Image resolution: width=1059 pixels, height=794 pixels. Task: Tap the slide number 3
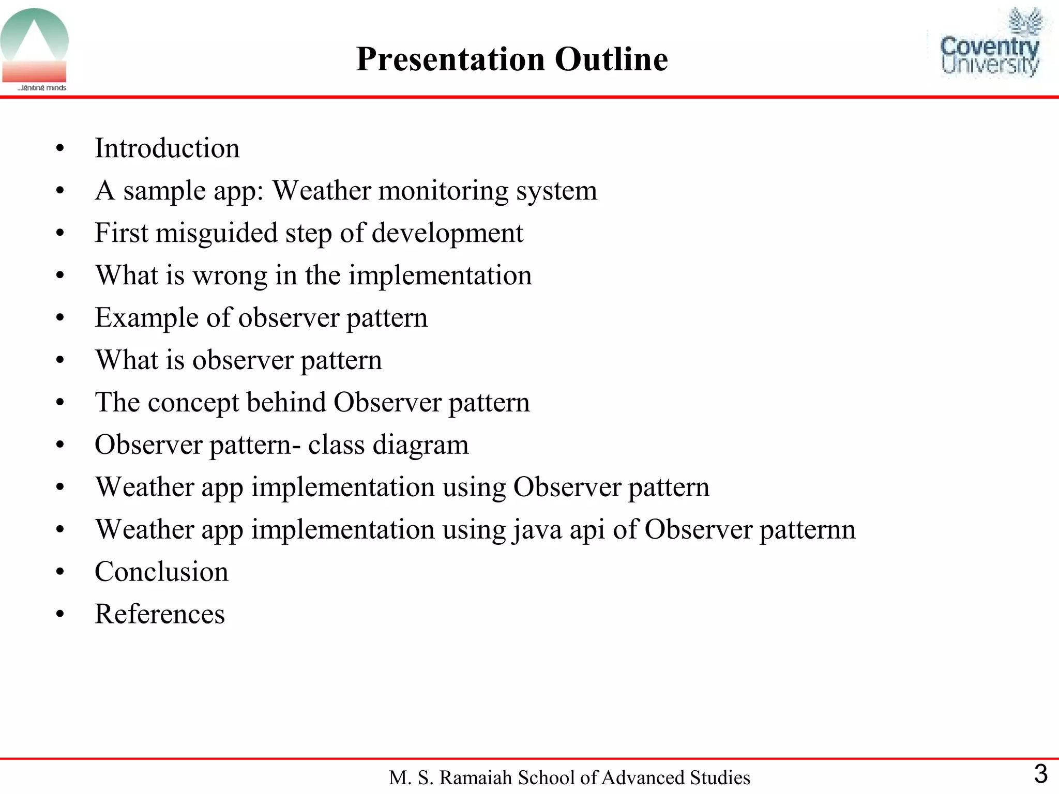tap(1040, 774)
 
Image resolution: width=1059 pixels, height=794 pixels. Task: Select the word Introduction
tap(167, 148)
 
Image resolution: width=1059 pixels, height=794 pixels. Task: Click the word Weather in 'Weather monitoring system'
tap(321, 191)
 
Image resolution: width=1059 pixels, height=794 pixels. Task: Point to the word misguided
tap(216, 233)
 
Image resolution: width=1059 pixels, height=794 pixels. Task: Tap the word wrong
tap(230, 276)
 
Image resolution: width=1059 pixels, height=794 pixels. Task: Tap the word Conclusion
tap(161, 572)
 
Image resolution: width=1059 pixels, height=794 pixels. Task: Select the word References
tap(160, 615)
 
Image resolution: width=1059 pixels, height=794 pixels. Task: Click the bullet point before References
tap(60, 615)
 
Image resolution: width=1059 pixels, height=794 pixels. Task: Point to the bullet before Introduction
tap(60, 149)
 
